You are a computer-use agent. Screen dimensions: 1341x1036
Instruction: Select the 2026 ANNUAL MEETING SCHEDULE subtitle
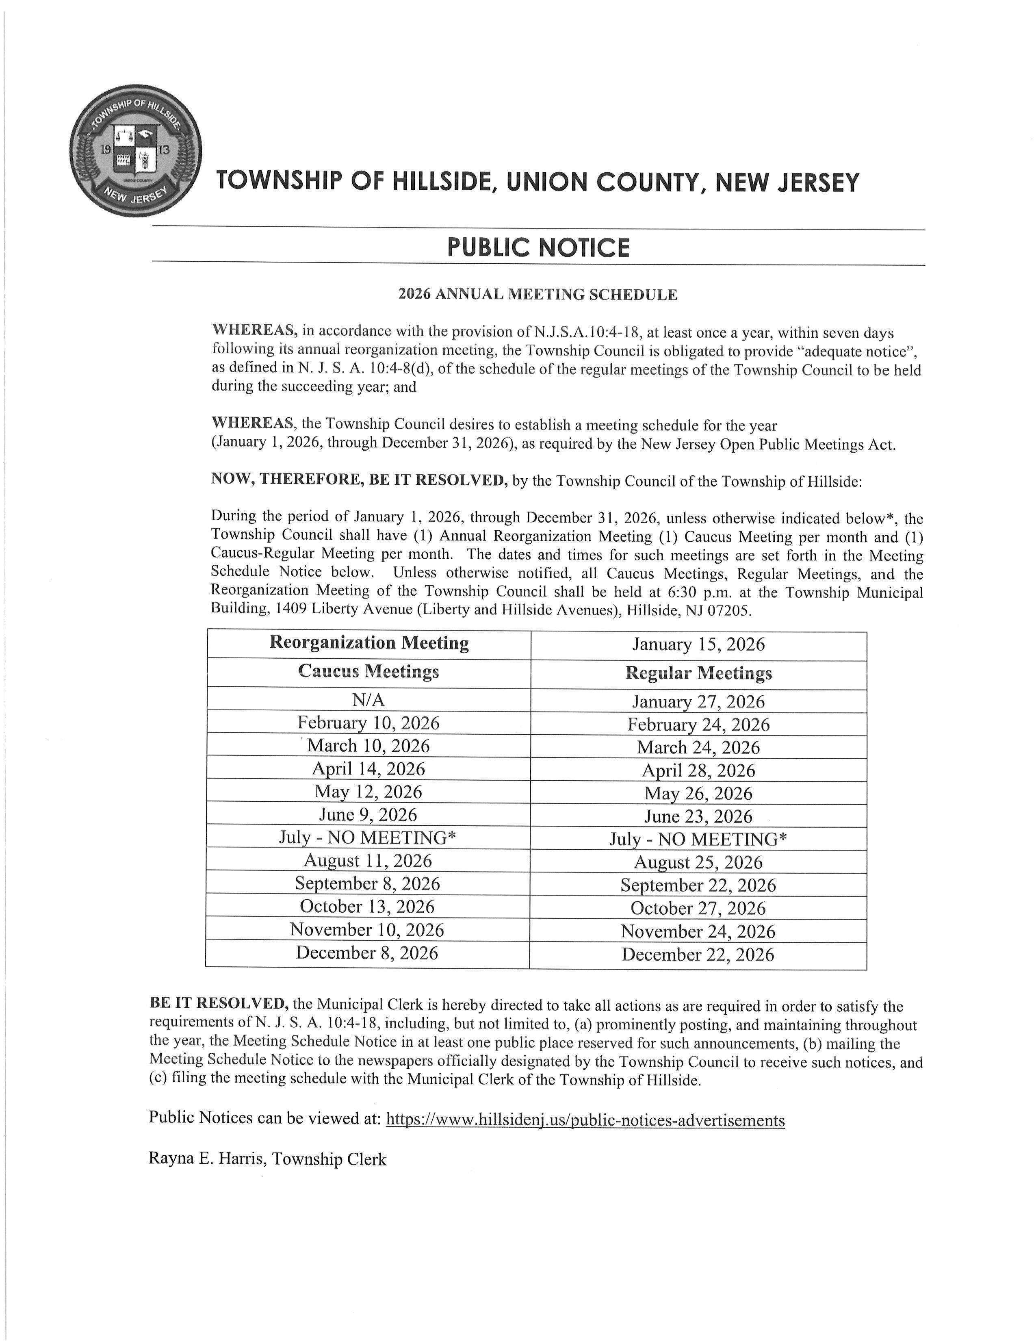(538, 295)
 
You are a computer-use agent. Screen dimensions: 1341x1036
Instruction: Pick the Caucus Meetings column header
(368, 671)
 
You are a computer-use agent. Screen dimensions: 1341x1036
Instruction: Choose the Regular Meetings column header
(698, 674)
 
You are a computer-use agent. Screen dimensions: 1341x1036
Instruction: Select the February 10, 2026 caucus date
(368, 723)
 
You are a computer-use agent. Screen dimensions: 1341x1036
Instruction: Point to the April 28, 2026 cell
(698, 770)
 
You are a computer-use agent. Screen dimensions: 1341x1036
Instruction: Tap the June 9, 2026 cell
(368, 815)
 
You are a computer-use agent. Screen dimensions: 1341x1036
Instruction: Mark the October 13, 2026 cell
(367, 907)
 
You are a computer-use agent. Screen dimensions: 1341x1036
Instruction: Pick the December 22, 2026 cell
(698, 955)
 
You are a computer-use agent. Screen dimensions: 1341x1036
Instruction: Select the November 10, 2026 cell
(367, 930)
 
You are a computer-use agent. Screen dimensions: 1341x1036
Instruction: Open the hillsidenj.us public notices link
(585, 1121)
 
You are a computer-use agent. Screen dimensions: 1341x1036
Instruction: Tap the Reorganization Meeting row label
(369, 643)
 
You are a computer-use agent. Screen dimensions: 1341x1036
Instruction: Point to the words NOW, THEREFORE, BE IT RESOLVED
(359, 480)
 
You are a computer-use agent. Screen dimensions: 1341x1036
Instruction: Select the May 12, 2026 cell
(368, 792)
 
